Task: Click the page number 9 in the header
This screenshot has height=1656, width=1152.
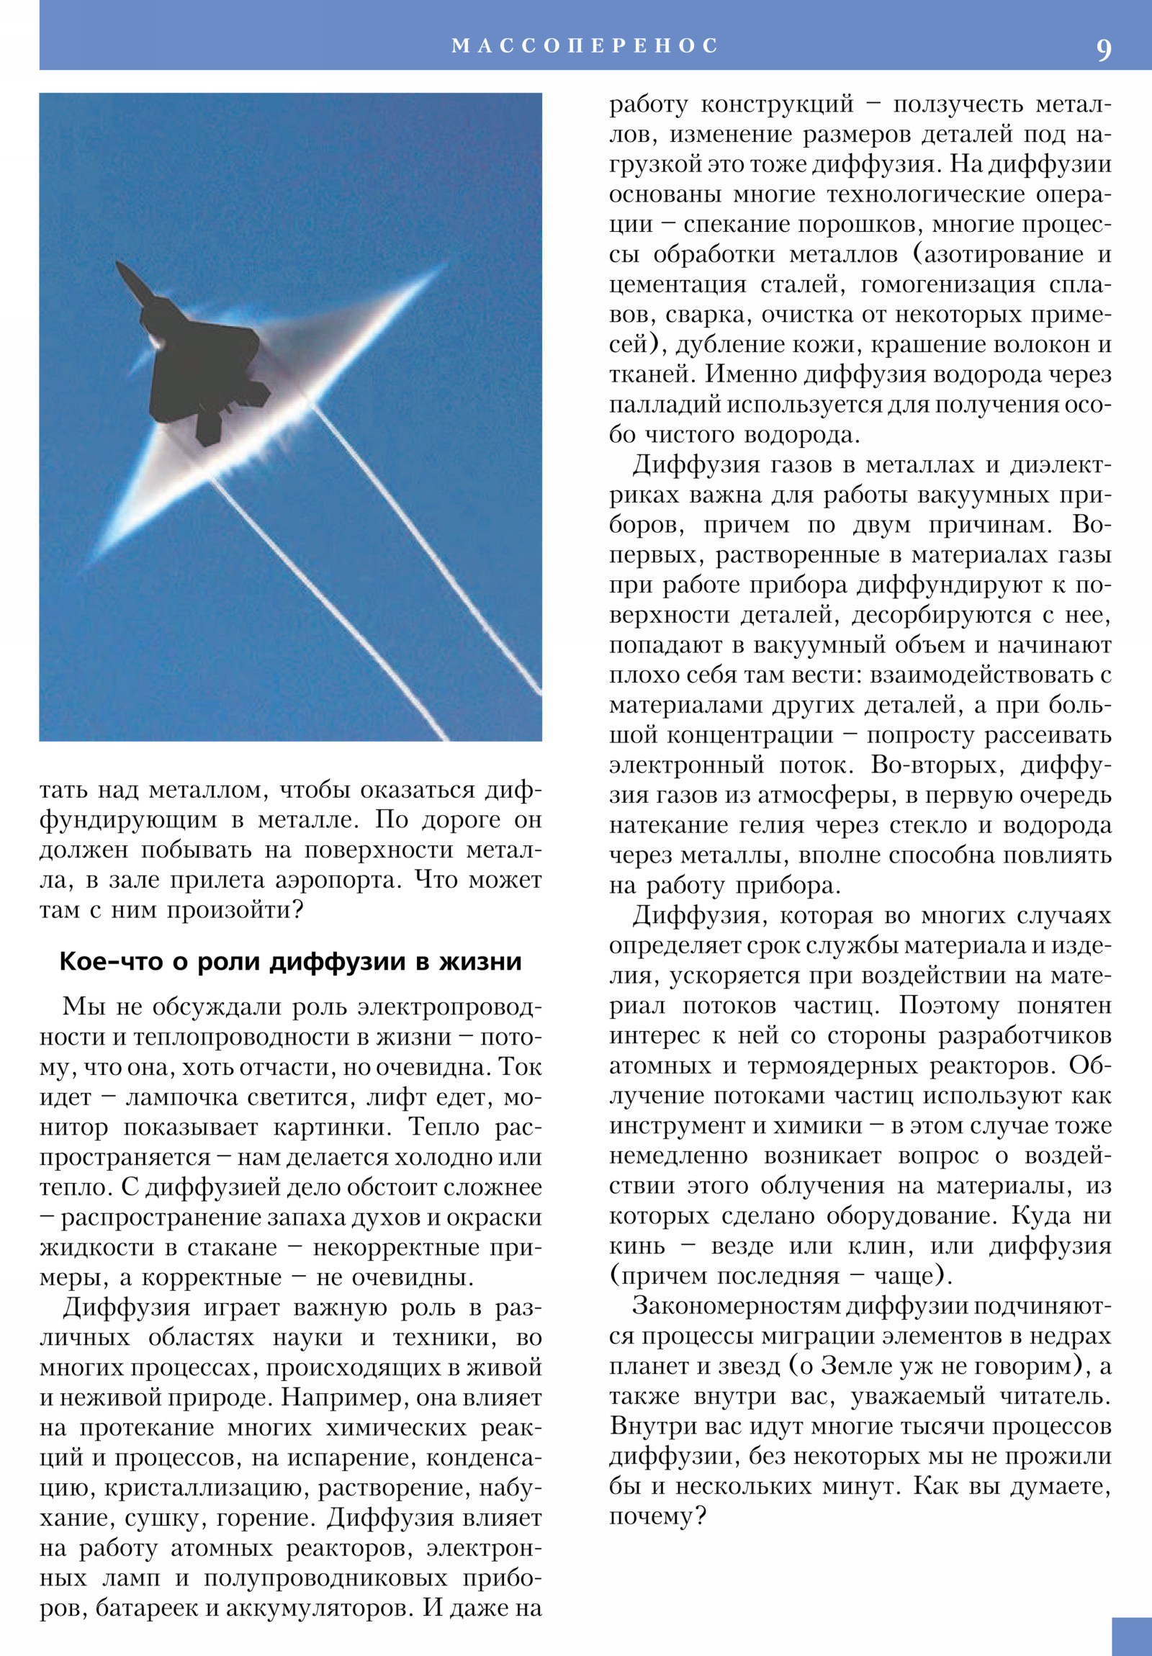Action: [x=1104, y=50]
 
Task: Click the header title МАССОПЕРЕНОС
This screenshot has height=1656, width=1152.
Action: [x=585, y=45]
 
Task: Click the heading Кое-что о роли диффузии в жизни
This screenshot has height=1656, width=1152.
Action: [x=290, y=961]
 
